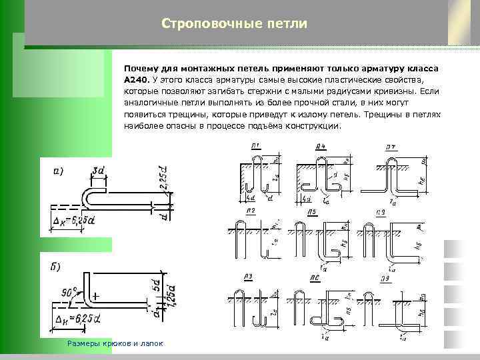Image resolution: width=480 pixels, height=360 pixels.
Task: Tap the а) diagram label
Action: pos(59,171)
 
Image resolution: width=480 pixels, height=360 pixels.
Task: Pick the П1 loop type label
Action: pos(256,146)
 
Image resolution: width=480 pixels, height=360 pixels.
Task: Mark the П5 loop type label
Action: pos(311,211)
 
